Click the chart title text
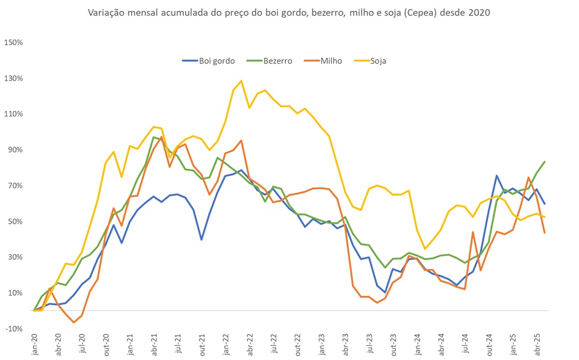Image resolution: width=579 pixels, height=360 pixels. pyautogui.click(x=289, y=13)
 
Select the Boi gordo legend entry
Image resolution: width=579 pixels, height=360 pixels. pyautogui.click(x=208, y=61)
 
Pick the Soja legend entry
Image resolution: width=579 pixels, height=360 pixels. pyautogui.click(x=371, y=61)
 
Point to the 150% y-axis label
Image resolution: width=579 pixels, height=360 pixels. pyautogui.click(x=13, y=42)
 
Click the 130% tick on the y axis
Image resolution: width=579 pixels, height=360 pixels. pyautogui.click(x=13, y=78)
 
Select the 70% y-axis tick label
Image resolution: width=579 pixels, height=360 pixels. pyautogui.click(x=15, y=185)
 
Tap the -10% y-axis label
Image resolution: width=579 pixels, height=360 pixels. pyautogui.click(x=14, y=329)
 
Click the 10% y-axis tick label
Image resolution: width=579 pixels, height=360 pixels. pyautogui.click(x=15, y=293)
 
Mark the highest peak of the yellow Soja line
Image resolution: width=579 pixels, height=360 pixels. pyautogui.click(x=241, y=81)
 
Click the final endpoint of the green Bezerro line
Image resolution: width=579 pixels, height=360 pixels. pyautogui.click(x=544, y=162)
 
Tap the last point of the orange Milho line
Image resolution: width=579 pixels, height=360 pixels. pyautogui.click(x=544, y=233)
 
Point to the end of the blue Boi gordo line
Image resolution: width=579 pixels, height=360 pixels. pyautogui.click(x=544, y=204)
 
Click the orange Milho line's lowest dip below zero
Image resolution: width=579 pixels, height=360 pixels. pyautogui.click(x=74, y=322)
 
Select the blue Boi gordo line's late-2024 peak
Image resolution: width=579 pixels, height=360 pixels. pyautogui.click(x=497, y=176)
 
